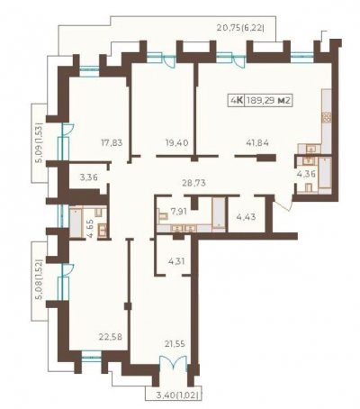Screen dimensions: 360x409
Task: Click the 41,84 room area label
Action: (x=257, y=142)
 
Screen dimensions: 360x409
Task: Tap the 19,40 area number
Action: (x=177, y=142)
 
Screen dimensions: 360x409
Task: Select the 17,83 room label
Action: (x=112, y=142)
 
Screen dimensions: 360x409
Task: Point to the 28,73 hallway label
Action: (x=194, y=183)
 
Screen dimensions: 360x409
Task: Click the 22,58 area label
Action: (x=111, y=337)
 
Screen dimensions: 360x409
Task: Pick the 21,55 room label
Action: (x=174, y=343)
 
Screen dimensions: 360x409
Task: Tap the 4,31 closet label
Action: (x=176, y=261)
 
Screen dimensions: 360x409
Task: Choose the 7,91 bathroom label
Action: (x=179, y=212)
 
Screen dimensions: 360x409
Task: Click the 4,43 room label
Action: (x=246, y=217)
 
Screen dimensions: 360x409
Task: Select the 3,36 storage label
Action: (x=89, y=177)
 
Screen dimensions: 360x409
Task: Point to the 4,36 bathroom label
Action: (x=306, y=174)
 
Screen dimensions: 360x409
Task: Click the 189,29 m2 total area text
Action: (x=268, y=101)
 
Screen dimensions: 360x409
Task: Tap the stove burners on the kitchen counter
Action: (x=327, y=117)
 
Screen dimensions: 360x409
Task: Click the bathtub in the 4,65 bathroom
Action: (x=76, y=223)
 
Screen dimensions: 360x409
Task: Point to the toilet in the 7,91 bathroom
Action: (x=163, y=216)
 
